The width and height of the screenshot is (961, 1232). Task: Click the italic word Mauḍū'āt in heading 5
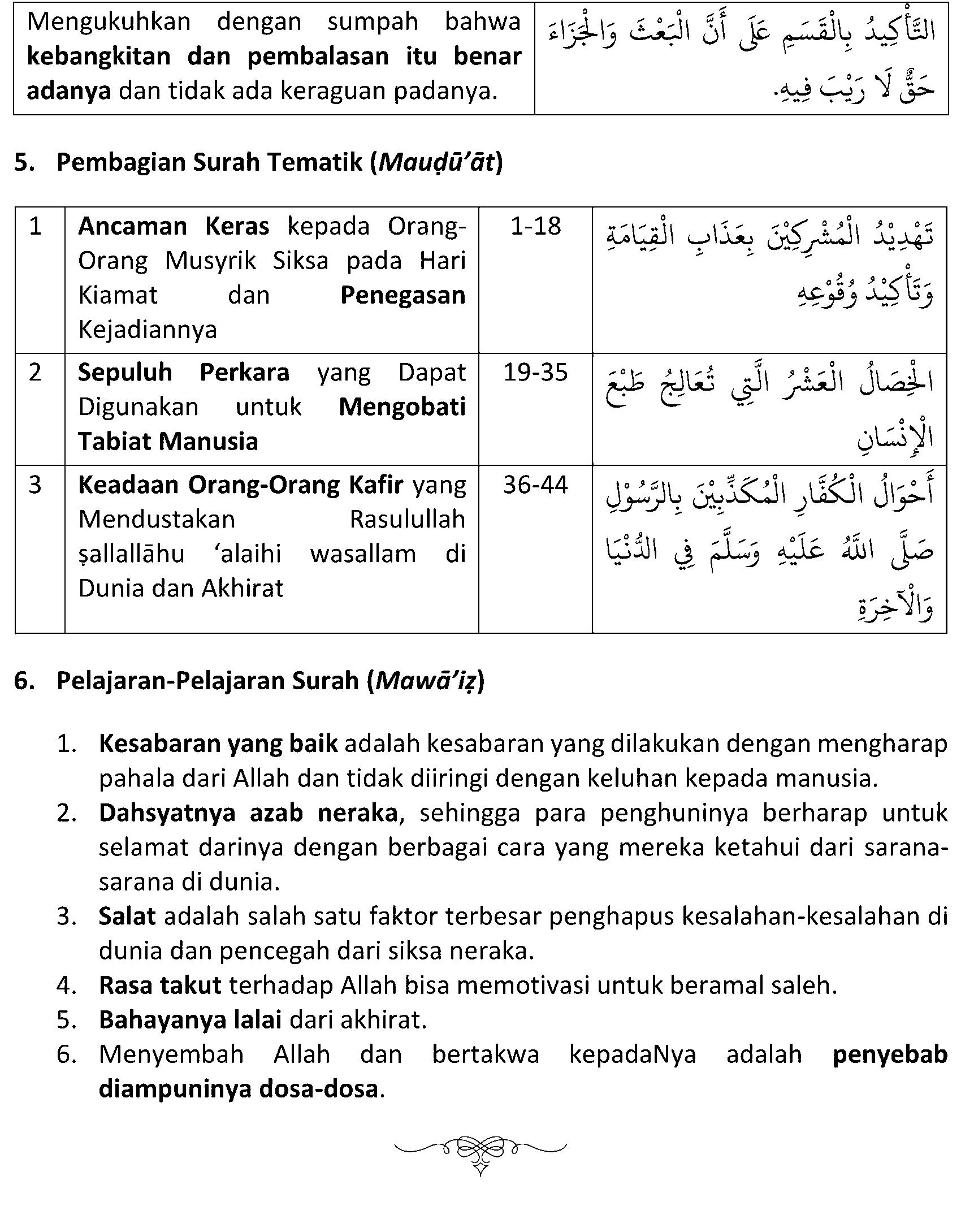pyautogui.click(x=437, y=162)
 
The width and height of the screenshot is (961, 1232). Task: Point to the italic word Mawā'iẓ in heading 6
pyautogui.click(x=426, y=681)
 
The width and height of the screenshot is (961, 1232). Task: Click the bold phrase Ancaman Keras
pyautogui.click(x=174, y=227)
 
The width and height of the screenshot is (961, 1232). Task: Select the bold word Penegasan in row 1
pyautogui.click(x=402, y=295)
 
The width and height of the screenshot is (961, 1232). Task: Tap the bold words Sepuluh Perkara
pyautogui.click(x=184, y=373)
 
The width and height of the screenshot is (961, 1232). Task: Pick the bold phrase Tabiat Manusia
pyautogui.click(x=168, y=441)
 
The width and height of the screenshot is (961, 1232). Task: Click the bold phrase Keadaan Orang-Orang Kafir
pyautogui.click(x=241, y=485)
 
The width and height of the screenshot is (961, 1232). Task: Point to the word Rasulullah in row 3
pyautogui.click(x=407, y=519)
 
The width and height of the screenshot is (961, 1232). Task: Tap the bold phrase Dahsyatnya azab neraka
pyautogui.click(x=248, y=813)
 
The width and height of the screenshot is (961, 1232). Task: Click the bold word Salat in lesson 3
pyautogui.click(x=127, y=916)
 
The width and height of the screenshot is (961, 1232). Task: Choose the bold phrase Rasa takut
pyautogui.click(x=160, y=985)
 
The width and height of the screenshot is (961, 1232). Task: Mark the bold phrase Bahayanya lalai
pyautogui.click(x=190, y=1019)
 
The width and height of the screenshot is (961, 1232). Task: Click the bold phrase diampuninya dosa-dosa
pyautogui.click(x=238, y=1088)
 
